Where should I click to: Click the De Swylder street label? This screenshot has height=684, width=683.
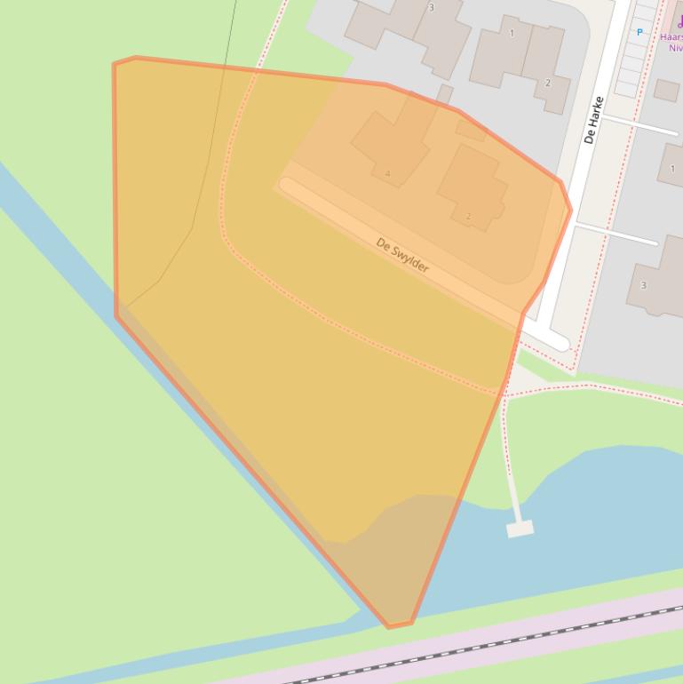coord(402,255)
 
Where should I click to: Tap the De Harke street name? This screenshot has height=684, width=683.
coord(593,121)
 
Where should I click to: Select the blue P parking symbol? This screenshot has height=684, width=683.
coord(639,33)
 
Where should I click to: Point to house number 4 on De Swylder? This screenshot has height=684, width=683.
coord(388,173)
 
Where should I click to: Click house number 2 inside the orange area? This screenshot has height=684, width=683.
coord(468,216)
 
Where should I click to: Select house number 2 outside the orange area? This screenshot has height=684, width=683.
coord(547,83)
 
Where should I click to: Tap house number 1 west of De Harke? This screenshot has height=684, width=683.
coord(512,34)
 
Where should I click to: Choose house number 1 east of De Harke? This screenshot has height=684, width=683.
coord(672,169)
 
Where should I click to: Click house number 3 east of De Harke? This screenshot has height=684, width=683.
coord(643,285)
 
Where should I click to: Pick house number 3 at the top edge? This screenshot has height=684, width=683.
coord(432,8)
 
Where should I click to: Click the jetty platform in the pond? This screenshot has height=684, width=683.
coord(520,529)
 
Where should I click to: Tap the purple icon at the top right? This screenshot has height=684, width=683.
coord(679,23)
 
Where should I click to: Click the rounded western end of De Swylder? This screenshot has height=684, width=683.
coord(287,185)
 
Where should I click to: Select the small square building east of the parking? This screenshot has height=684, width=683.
coord(666,89)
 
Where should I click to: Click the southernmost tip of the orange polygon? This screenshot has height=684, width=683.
coord(389,626)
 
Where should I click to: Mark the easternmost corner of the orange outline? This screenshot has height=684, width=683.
coord(570,210)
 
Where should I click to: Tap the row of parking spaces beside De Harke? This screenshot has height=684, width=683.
coord(636,53)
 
